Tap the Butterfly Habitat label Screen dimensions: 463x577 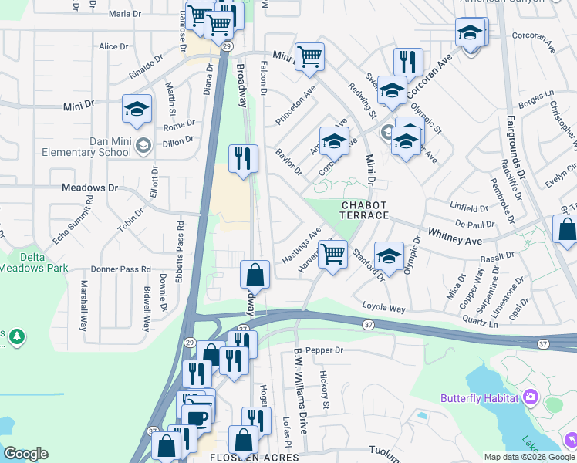(478, 398)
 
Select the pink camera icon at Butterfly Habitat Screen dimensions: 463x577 (530, 397)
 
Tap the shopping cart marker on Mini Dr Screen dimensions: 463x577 (309, 56)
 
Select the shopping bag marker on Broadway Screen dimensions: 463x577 (255, 274)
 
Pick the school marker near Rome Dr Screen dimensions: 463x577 (137, 110)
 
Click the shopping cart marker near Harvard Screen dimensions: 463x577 (332, 253)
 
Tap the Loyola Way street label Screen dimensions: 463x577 (383, 308)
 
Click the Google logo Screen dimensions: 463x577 (25, 454)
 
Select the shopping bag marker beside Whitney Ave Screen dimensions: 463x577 (567, 230)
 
